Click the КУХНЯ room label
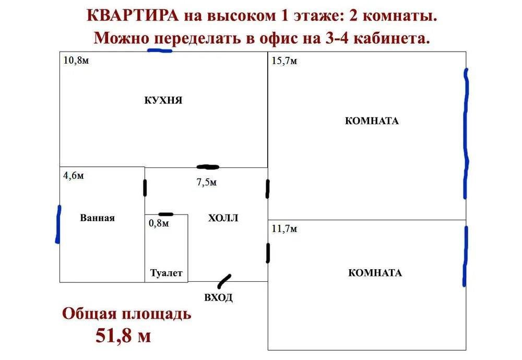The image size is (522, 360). tap(163, 101)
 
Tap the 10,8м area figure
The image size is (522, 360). tap(76, 60)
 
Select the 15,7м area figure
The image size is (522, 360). tap(284, 61)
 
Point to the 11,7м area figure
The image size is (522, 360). tap(284, 229)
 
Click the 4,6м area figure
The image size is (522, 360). tap(74, 175)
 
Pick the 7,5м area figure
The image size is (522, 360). tap(207, 182)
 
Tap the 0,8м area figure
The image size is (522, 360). tap(159, 223)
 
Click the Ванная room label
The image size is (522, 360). tap(97, 218)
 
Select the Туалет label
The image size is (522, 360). tap(167, 273)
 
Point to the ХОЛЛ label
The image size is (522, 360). tap(223, 218)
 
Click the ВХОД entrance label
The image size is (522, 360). tap(218, 298)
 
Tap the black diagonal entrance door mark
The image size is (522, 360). tap(224, 281)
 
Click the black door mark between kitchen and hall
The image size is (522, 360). tap(208, 167)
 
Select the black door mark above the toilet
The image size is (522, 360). tap(165, 214)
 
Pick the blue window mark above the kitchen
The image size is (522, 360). tap(160, 51)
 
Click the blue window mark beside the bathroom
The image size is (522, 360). tap(58, 224)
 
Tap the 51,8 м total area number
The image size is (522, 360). tap(123, 334)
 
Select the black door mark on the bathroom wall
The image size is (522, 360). tap(145, 188)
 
